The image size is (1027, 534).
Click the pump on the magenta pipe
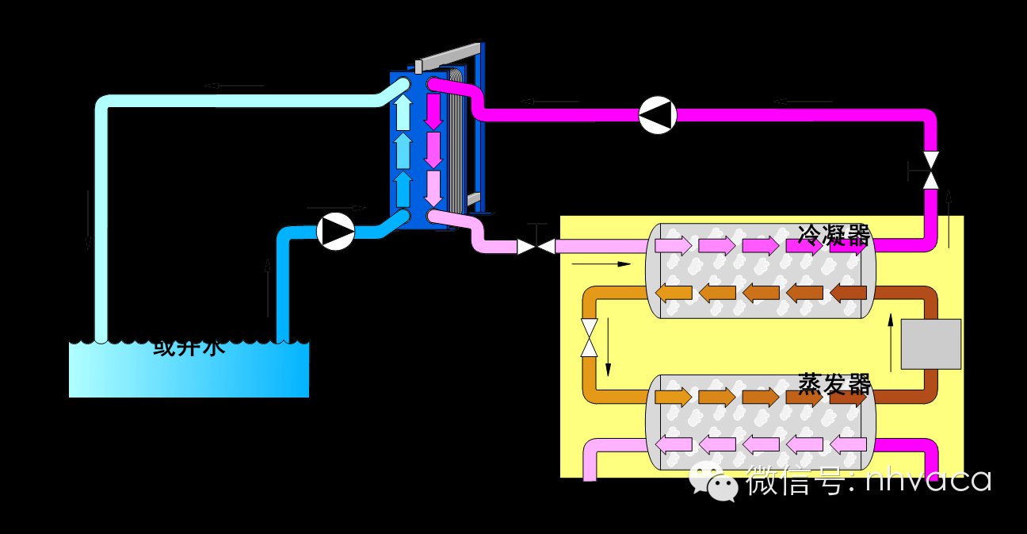coord(658,115)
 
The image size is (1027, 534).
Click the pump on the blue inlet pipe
coord(336,232)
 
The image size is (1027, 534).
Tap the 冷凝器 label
coord(834,236)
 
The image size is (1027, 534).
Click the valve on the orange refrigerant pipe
coord(589,338)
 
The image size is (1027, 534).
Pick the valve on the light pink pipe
coord(536,247)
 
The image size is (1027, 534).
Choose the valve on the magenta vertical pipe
coord(931,170)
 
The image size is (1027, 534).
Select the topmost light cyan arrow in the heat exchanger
coord(403,114)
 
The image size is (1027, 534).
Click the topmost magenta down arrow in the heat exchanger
coord(433,112)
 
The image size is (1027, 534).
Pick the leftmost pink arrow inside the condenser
coord(673,245)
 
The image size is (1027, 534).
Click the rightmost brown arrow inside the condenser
coord(847,293)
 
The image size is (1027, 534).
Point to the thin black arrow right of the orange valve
coord(608,347)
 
